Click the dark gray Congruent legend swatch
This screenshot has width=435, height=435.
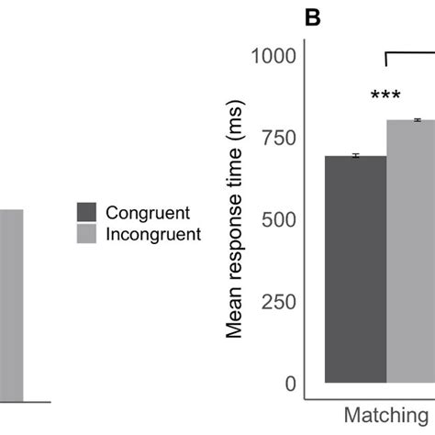point(87,212)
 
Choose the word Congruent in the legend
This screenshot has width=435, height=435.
point(148,212)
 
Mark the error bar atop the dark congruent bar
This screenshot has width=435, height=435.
point(355,156)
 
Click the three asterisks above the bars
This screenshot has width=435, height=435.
point(386,96)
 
